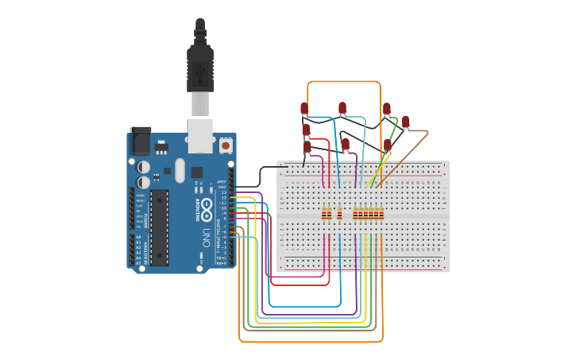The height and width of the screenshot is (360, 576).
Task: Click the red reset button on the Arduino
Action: tap(226, 145)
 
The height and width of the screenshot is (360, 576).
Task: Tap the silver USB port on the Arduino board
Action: tap(200, 135)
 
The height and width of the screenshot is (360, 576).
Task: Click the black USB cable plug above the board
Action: tap(199, 68)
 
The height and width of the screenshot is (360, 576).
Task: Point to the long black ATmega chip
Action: tap(159, 226)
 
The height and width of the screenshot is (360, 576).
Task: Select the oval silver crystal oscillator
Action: tap(180, 170)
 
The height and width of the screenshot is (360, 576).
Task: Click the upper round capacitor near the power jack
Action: tap(144, 167)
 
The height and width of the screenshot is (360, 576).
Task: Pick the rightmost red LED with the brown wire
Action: tap(405, 122)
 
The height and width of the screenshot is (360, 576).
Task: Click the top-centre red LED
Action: tap(342, 107)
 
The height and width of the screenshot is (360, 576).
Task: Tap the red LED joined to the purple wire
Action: tap(346, 144)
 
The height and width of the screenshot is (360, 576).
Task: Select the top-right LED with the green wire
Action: tap(386, 109)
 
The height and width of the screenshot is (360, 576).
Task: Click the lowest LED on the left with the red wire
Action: tap(307, 146)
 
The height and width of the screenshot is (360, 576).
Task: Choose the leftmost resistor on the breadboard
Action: tap(324, 214)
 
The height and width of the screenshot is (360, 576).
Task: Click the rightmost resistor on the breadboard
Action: tap(381, 214)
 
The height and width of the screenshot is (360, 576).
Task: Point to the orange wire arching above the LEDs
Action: tap(343, 81)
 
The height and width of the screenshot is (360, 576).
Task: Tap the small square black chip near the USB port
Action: tap(196, 172)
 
